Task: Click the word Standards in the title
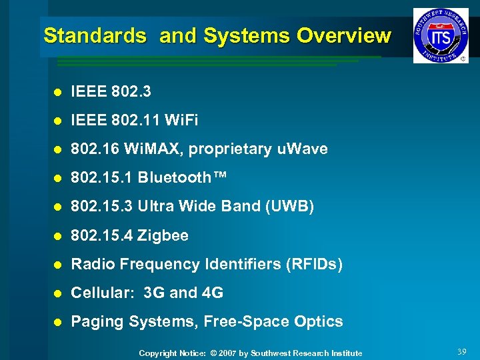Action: tap(95, 36)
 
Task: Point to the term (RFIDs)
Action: tap(313, 264)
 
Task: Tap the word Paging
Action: tap(97, 321)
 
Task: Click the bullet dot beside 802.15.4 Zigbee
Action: tap(58, 236)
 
